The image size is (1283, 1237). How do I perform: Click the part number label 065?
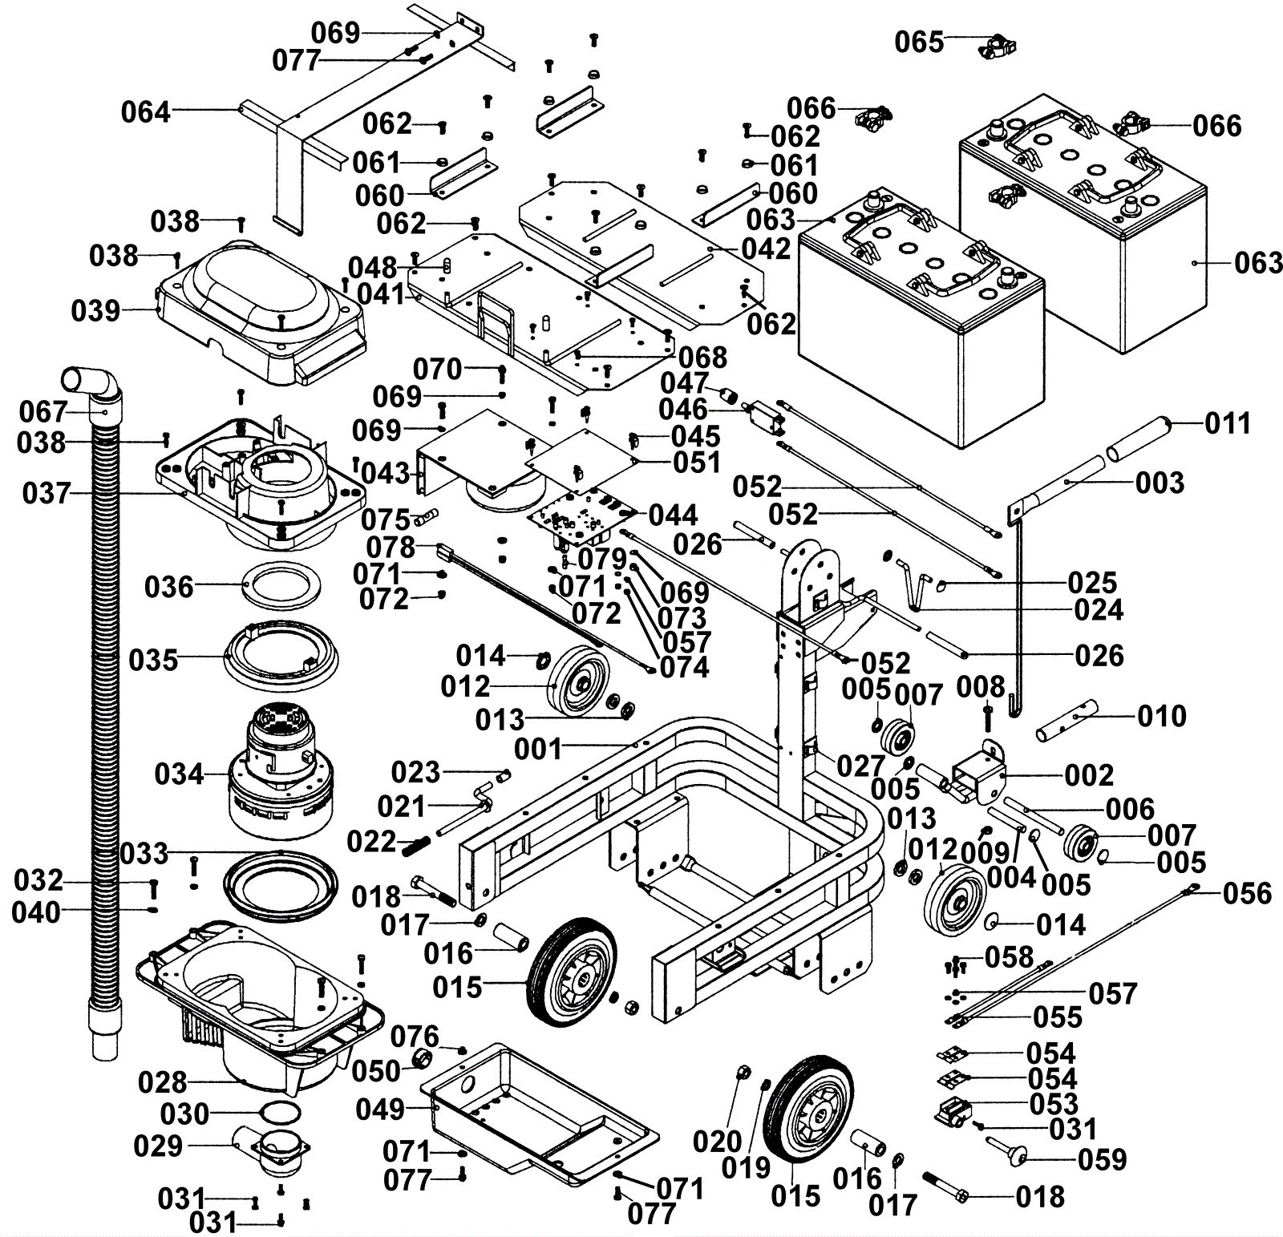click(920, 42)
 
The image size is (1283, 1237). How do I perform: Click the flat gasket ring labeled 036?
click(280, 588)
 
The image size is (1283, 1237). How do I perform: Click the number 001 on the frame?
click(539, 750)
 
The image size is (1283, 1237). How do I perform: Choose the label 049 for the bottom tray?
click(381, 1110)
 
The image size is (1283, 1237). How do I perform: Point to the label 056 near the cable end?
click(1248, 893)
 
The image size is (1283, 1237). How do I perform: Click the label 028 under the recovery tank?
click(163, 1083)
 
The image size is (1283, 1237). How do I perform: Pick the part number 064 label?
click(146, 112)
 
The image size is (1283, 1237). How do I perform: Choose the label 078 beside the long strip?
click(391, 548)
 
